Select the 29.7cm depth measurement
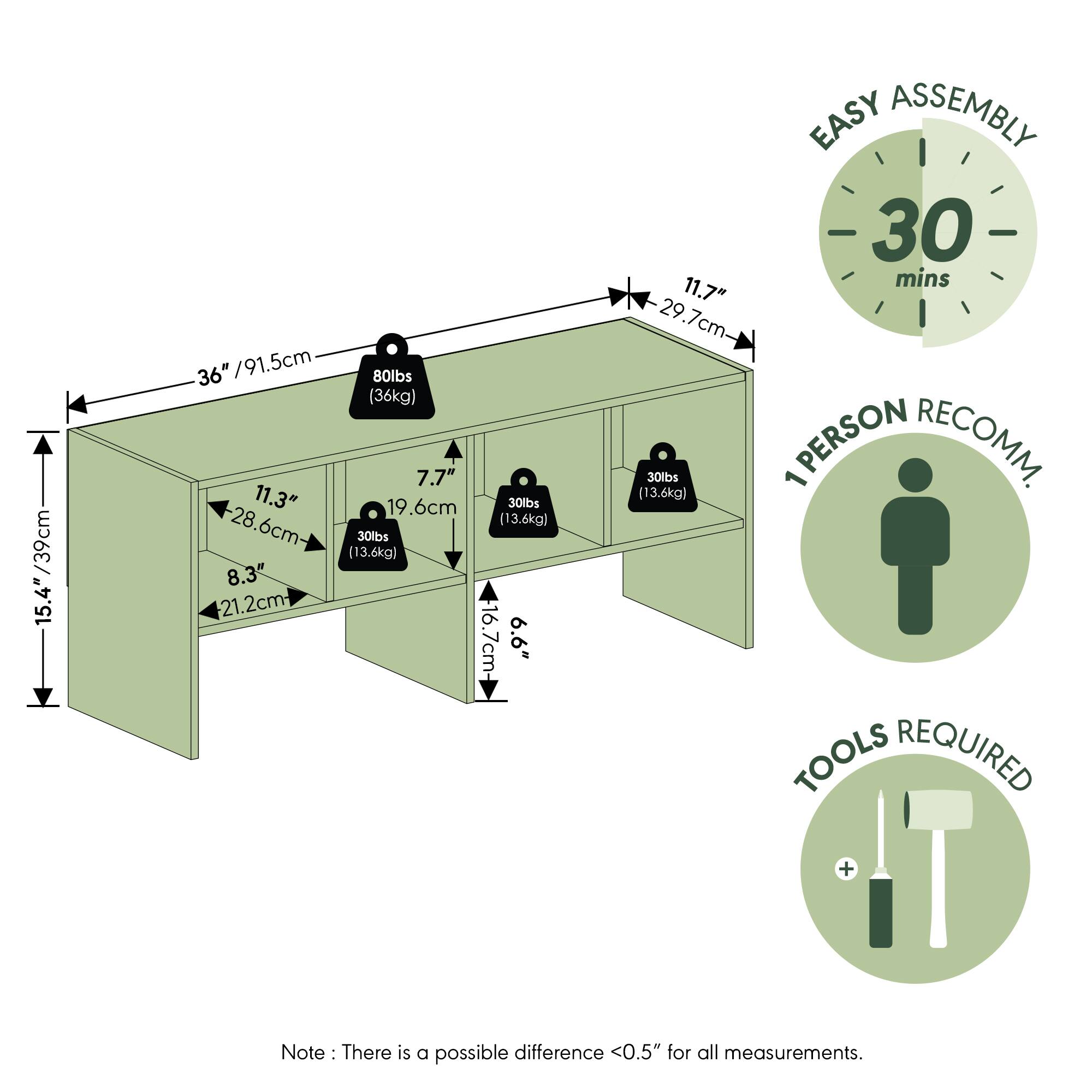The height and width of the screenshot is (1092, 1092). point(692,318)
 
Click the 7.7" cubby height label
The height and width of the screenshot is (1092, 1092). point(436,478)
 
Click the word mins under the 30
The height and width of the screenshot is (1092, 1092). point(922,279)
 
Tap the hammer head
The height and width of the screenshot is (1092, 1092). point(939,809)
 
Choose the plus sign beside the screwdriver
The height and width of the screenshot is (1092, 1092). point(847,868)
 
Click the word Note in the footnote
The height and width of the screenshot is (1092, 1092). point(303,1053)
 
